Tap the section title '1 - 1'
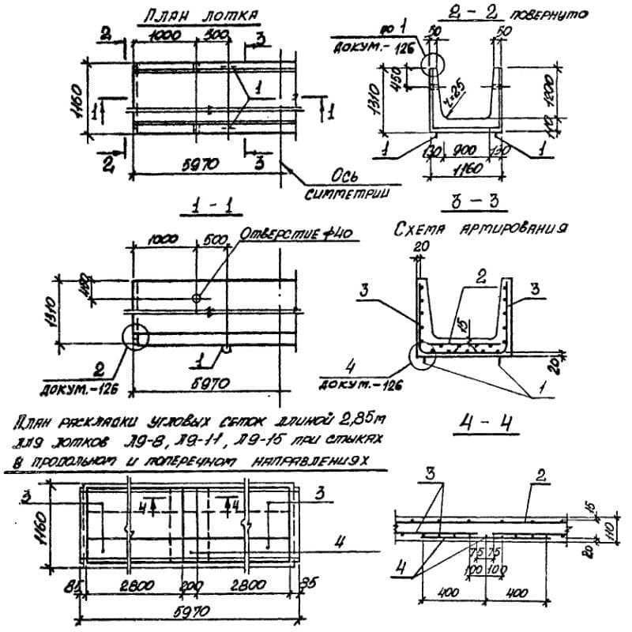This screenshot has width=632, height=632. pos(204,207)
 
